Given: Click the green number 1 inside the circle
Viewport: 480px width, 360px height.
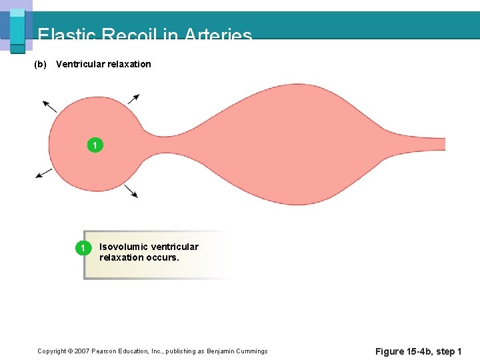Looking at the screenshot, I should [95, 145].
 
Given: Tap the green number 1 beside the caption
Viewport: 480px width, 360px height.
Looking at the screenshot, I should [82, 249].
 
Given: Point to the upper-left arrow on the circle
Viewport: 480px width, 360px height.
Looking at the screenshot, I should [49, 105].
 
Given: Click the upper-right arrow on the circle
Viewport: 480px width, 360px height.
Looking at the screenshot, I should [133, 99].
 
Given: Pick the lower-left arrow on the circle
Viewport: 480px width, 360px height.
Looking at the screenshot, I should [43, 173].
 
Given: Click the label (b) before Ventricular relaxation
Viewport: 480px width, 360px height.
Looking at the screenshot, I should [40, 64].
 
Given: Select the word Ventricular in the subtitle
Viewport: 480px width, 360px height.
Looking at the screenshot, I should [79, 64].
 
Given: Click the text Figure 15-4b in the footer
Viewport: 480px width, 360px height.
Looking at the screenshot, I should [404, 351].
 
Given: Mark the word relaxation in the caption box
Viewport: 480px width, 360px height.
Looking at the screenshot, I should [121, 257].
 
